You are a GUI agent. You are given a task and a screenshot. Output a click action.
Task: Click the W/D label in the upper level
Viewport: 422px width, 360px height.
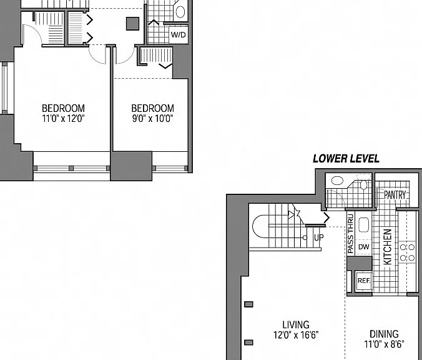click(x=178, y=35)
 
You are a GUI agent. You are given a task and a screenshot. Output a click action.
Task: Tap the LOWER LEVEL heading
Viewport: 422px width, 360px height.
click(x=346, y=159)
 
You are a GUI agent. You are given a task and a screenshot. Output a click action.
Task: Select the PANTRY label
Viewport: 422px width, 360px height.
click(x=395, y=194)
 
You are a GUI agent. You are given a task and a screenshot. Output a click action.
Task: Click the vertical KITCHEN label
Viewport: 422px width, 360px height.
click(x=387, y=247)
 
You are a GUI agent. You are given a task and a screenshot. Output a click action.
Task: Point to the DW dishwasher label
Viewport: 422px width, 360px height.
click(x=364, y=247)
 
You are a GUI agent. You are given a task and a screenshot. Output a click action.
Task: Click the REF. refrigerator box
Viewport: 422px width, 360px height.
click(x=364, y=281)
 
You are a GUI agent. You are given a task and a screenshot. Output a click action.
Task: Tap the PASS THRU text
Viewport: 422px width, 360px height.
click(x=350, y=234)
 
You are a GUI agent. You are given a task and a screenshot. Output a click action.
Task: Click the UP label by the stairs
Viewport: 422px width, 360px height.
click(x=319, y=237)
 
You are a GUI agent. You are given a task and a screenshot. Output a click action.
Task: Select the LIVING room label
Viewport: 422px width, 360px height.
click(x=296, y=325)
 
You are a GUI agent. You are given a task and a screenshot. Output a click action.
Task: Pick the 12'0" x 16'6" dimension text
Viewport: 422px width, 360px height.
click(x=296, y=335)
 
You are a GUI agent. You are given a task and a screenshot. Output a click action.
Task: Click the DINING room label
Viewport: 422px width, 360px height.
click(x=384, y=334)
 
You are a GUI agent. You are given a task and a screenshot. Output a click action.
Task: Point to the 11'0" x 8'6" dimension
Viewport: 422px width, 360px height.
click(x=384, y=344)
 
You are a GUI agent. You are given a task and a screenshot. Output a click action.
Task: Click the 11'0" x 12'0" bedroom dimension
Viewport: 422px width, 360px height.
click(x=63, y=118)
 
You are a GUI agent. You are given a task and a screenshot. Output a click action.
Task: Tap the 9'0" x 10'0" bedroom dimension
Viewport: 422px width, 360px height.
click(x=152, y=118)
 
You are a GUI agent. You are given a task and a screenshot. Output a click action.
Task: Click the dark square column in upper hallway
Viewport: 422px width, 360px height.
click(x=133, y=24)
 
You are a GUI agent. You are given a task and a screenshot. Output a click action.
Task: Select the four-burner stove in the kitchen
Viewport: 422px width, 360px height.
click(x=407, y=252)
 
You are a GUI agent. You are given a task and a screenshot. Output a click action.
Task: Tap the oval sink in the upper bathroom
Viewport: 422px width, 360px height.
click(x=180, y=12)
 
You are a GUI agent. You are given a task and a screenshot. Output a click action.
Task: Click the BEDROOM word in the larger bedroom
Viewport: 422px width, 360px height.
click(x=63, y=108)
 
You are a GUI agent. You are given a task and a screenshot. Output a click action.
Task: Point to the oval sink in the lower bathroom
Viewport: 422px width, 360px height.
click(x=337, y=181)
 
